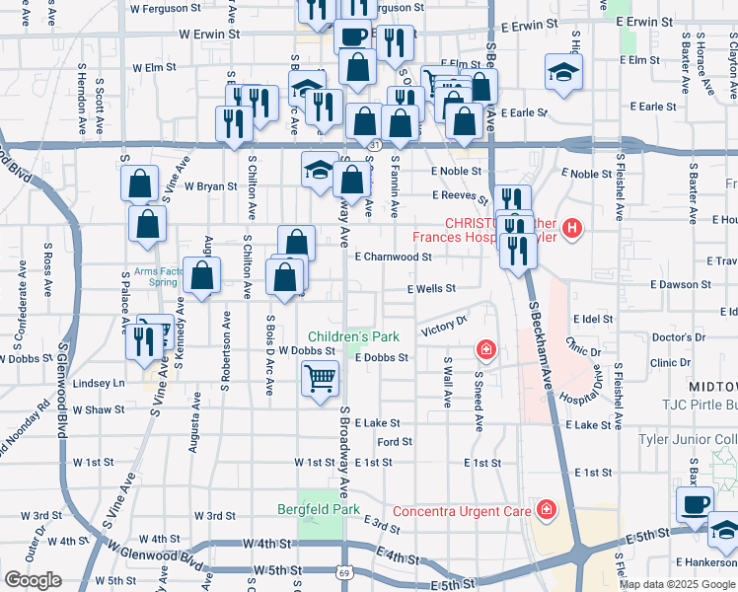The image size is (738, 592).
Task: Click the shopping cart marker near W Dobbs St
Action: point(320,377)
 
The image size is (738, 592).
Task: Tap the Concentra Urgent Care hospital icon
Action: point(545,509)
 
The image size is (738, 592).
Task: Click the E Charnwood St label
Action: point(394,257)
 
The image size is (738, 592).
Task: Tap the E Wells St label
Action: point(431,289)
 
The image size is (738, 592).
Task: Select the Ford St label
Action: point(394,442)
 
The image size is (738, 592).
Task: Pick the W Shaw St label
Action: point(98,409)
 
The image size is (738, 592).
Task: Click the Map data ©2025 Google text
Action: point(678,584)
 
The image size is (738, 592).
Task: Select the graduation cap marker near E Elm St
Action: point(564,72)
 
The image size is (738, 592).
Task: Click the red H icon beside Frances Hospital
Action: point(574,233)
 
